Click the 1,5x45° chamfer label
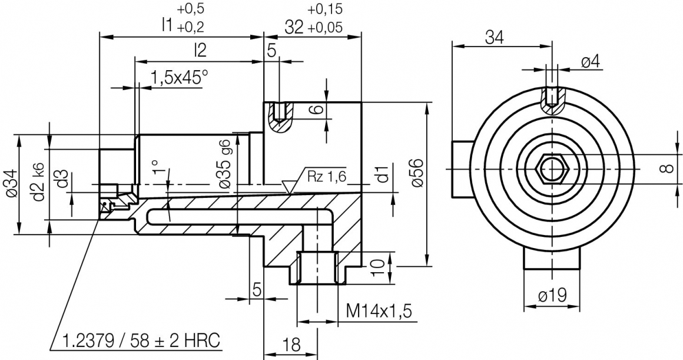coord(180,77)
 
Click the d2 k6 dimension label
coord(39,184)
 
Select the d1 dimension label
coord(382,174)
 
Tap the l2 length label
coord(200,51)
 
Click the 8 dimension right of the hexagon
coord(665,169)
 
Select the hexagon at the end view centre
coord(552,169)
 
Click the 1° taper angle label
coord(155,167)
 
